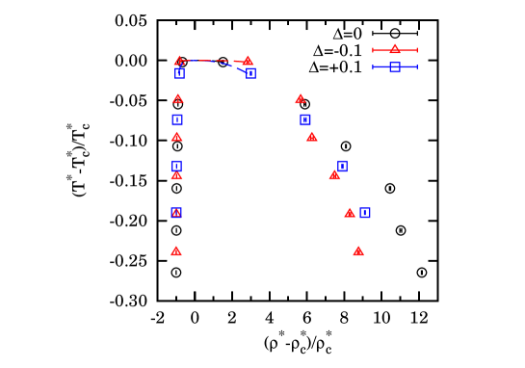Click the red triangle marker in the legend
[x=394, y=49]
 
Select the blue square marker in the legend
[x=394, y=66]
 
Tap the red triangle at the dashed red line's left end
[x=179, y=61]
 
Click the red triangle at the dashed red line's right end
[x=248, y=60]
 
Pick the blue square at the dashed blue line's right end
[x=250, y=72]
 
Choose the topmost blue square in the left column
[x=179, y=72]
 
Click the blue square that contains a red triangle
[x=176, y=213]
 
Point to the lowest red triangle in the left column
[x=176, y=250]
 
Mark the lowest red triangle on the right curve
[x=358, y=250]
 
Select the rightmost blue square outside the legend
[x=365, y=213]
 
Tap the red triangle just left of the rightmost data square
[x=350, y=212]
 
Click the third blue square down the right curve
[x=342, y=166]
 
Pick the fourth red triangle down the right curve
[x=334, y=174]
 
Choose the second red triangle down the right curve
[x=300, y=98]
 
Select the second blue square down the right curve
[x=305, y=119]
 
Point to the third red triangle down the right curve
[x=311, y=136]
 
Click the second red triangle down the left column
[x=177, y=98]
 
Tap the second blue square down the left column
[x=177, y=119]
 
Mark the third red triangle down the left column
[x=176, y=136]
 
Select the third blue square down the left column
[x=176, y=166]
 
